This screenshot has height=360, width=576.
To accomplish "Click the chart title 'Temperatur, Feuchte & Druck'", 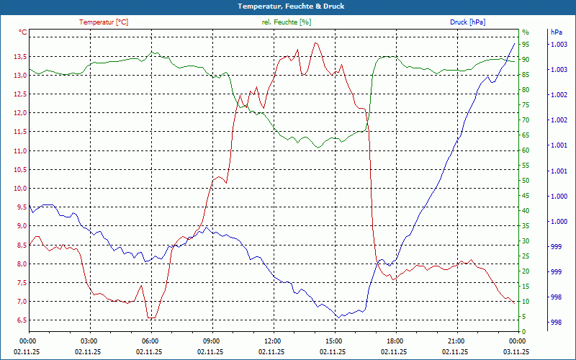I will coord(288,6).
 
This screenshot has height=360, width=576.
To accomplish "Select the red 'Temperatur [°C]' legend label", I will coord(104,22).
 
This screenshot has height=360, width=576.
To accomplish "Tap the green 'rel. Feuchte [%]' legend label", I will coord(287,22).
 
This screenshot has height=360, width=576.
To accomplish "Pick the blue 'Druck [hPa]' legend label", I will coord(467,22).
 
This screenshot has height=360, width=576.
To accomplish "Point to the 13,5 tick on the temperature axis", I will coord(19,57).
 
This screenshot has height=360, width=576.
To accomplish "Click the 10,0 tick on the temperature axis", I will coord(19,189).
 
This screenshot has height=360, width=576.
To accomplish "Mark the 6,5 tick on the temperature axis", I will coord(19,320).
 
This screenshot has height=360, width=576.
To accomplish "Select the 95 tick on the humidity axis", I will coord(526,45).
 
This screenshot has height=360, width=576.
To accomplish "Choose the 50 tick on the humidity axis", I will coord(526,181).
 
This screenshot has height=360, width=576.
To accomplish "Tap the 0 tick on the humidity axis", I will coord(523,332).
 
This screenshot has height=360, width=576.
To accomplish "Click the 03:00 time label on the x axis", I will coord(89,341).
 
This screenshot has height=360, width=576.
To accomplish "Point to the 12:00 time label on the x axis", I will coord(272,341).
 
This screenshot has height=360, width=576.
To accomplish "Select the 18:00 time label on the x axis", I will coord(395,341).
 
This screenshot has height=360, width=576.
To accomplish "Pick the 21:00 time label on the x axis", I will coord(456,341).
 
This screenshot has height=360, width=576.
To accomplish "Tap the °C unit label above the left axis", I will coord(23,32).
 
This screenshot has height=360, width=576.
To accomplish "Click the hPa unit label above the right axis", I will coord(557,32).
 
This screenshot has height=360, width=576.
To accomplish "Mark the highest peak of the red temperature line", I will coord(315,42).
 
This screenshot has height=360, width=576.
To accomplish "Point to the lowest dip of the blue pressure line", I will coord(338,318).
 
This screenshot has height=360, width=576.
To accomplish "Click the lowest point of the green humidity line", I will coord(318,148).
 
